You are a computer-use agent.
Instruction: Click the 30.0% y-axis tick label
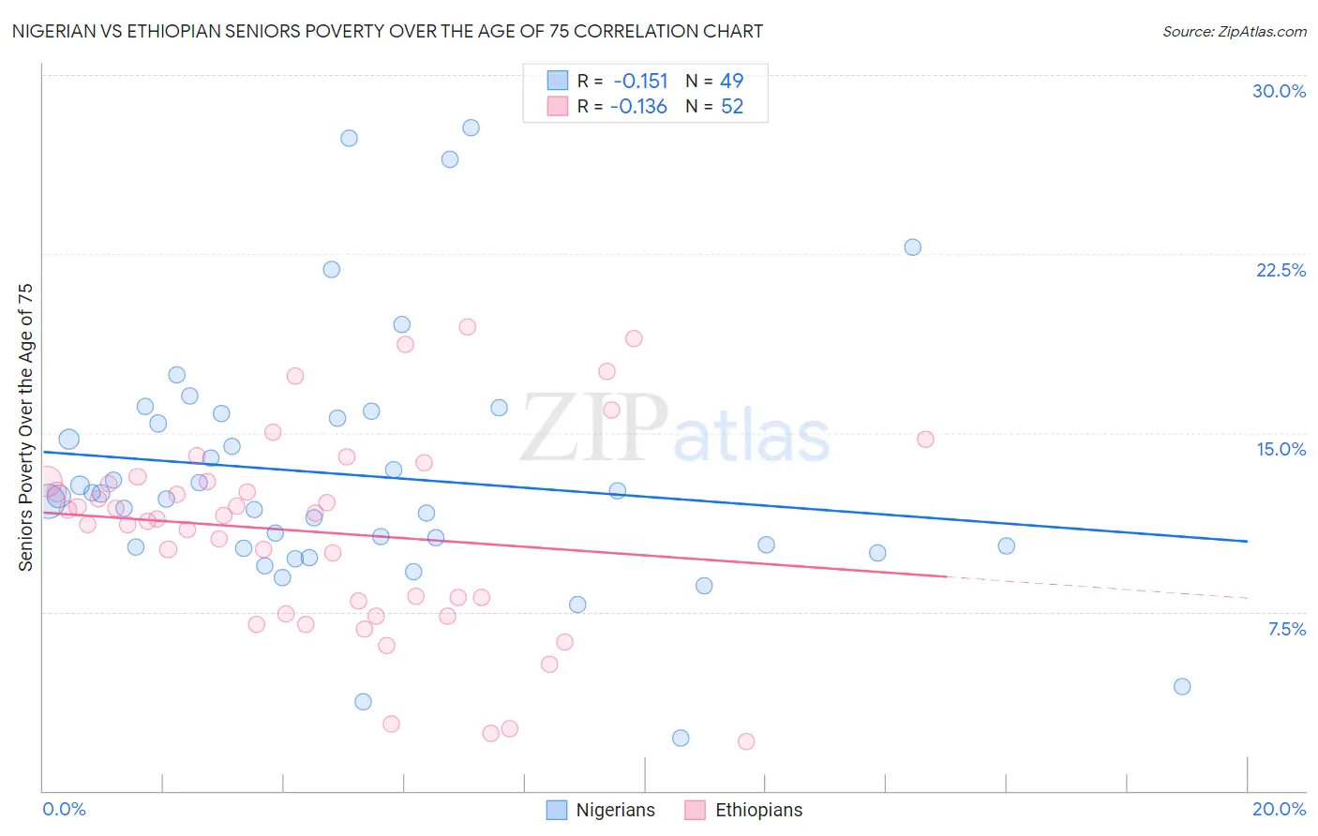[1279, 91]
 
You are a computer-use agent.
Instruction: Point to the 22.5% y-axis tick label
[1281, 270]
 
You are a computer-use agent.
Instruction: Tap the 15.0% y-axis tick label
[1281, 449]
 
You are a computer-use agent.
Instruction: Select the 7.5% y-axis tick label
[1286, 629]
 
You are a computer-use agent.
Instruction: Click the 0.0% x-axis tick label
[64, 809]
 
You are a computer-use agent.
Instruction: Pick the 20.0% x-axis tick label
[1279, 809]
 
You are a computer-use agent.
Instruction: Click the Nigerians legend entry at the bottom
[601, 810]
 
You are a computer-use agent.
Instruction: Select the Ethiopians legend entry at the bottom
[743, 810]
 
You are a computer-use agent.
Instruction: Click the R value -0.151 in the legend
[640, 81]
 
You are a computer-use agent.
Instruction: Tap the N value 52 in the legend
[732, 107]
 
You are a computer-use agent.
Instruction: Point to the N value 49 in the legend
[732, 81]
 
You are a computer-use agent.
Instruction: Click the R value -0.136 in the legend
[638, 107]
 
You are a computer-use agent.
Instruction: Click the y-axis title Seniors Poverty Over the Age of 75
[26, 427]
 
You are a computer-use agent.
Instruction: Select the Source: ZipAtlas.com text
[1234, 31]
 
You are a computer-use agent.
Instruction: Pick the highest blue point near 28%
[471, 127]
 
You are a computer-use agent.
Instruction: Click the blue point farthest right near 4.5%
[1182, 686]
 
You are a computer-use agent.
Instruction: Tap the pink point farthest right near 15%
[925, 439]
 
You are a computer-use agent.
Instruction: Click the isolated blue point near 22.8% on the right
[912, 247]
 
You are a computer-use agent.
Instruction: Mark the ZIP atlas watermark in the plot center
[675, 429]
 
